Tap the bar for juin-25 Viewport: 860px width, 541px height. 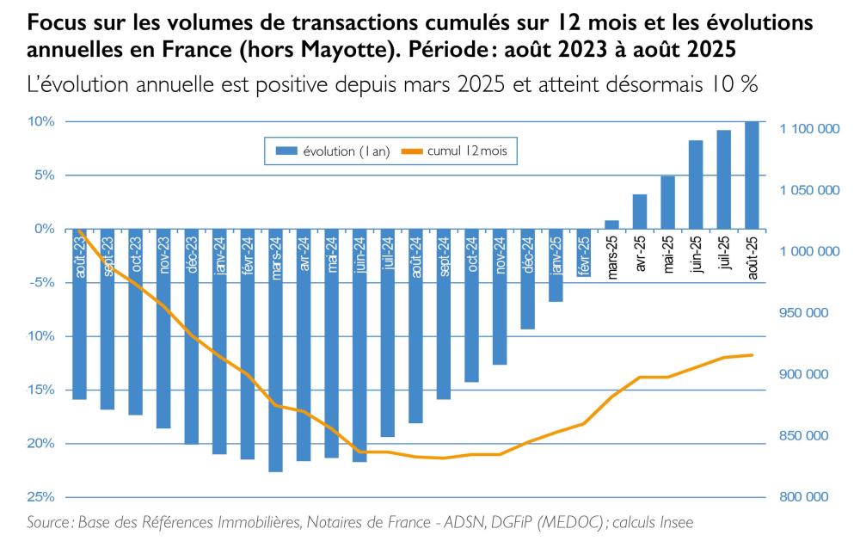click(x=696, y=184)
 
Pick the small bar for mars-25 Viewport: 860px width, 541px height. click(x=611, y=224)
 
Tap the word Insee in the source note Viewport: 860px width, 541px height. click(x=676, y=522)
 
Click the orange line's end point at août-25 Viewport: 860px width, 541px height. click(x=752, y=355)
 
